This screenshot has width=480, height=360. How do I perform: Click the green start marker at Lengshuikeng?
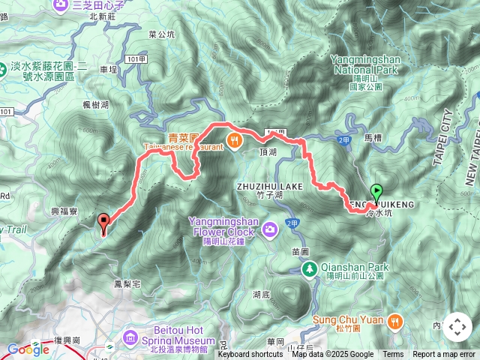click(x=376, y=192)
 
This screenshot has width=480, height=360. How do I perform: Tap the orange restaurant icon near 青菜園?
click(x=235, y=139)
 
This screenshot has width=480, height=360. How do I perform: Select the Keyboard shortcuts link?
click(x=250, y=355)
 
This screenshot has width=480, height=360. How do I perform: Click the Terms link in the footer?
click(x=393, y=355)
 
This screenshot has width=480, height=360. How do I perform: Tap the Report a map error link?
click(x=444, y=355)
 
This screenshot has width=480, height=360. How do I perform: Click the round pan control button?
click(x=457, y=327)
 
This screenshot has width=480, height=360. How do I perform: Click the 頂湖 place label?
click(x=268, y=150)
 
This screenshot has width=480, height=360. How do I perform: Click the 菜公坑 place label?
click(x=161, y=34)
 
